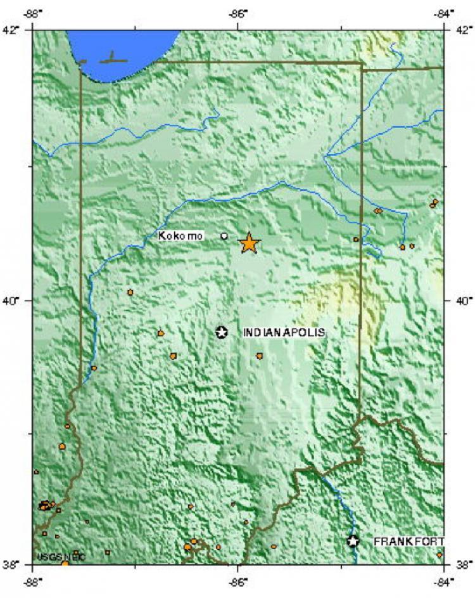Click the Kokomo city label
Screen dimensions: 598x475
180,237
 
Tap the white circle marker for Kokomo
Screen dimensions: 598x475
224,236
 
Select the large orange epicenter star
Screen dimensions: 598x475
250,243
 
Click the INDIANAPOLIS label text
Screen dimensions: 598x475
284,332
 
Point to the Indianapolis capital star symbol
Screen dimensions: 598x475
222,332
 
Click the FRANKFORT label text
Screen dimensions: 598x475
408,541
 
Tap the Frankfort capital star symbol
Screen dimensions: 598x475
353,541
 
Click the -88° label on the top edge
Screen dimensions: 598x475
33,12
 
